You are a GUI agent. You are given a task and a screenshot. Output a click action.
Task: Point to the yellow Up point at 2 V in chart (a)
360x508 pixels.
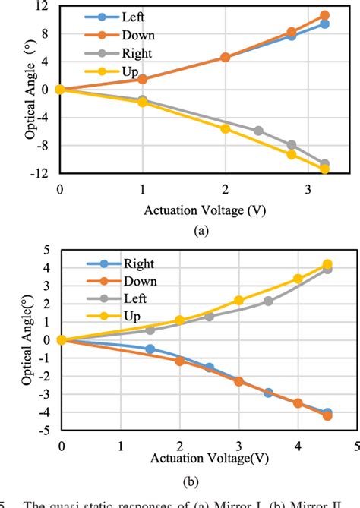click(x=225, y=128)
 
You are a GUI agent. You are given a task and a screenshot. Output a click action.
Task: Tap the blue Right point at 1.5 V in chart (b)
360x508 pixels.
click(x=150, y=349)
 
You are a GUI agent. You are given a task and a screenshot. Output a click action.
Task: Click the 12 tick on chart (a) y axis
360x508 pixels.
click(x=45, y=5)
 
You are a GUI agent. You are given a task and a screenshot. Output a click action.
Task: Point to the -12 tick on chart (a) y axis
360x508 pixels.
click(x=43, y=173)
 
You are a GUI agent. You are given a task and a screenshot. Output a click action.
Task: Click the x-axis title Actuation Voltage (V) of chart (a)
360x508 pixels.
click(x=205, y=208)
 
